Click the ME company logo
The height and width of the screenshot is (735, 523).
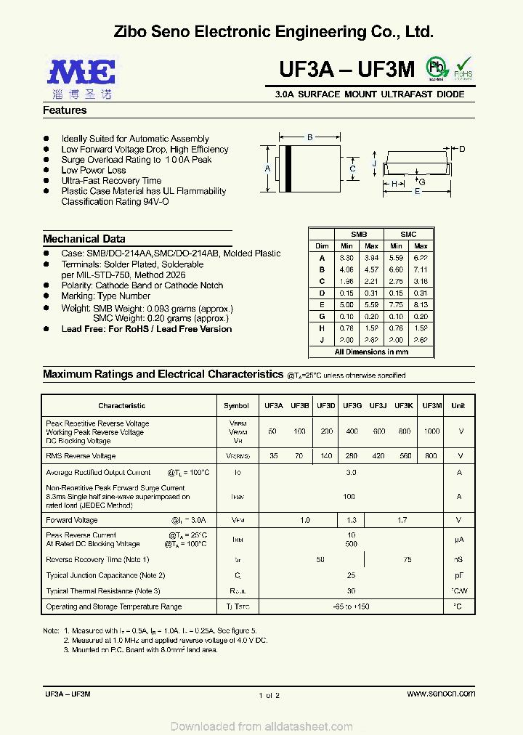coord(81,74)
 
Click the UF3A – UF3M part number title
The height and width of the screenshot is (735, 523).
coord(346,69)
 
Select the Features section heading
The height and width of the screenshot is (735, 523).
coord(65,110)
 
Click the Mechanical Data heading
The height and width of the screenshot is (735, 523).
coord(84,239)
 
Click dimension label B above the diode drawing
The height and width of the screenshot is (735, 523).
coord(309,137)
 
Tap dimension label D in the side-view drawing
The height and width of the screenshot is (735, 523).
coord(462,149)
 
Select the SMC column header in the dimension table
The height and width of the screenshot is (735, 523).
coord(408,235)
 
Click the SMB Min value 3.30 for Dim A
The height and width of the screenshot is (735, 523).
coord(346,258)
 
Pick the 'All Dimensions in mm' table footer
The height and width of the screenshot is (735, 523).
coord(371,352)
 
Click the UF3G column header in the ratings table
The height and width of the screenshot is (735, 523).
coord(352,406)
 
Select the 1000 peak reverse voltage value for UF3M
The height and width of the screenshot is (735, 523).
coord(431,431)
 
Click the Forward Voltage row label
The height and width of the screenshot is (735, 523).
coord(71,520)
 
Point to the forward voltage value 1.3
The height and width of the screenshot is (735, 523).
coord(352,520)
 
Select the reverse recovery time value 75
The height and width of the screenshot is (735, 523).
coord(407,560)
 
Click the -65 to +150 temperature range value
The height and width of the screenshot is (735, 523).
coord(351,606)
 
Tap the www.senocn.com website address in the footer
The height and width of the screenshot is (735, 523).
coord(441,694)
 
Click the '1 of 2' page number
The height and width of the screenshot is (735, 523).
coord(269,695)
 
